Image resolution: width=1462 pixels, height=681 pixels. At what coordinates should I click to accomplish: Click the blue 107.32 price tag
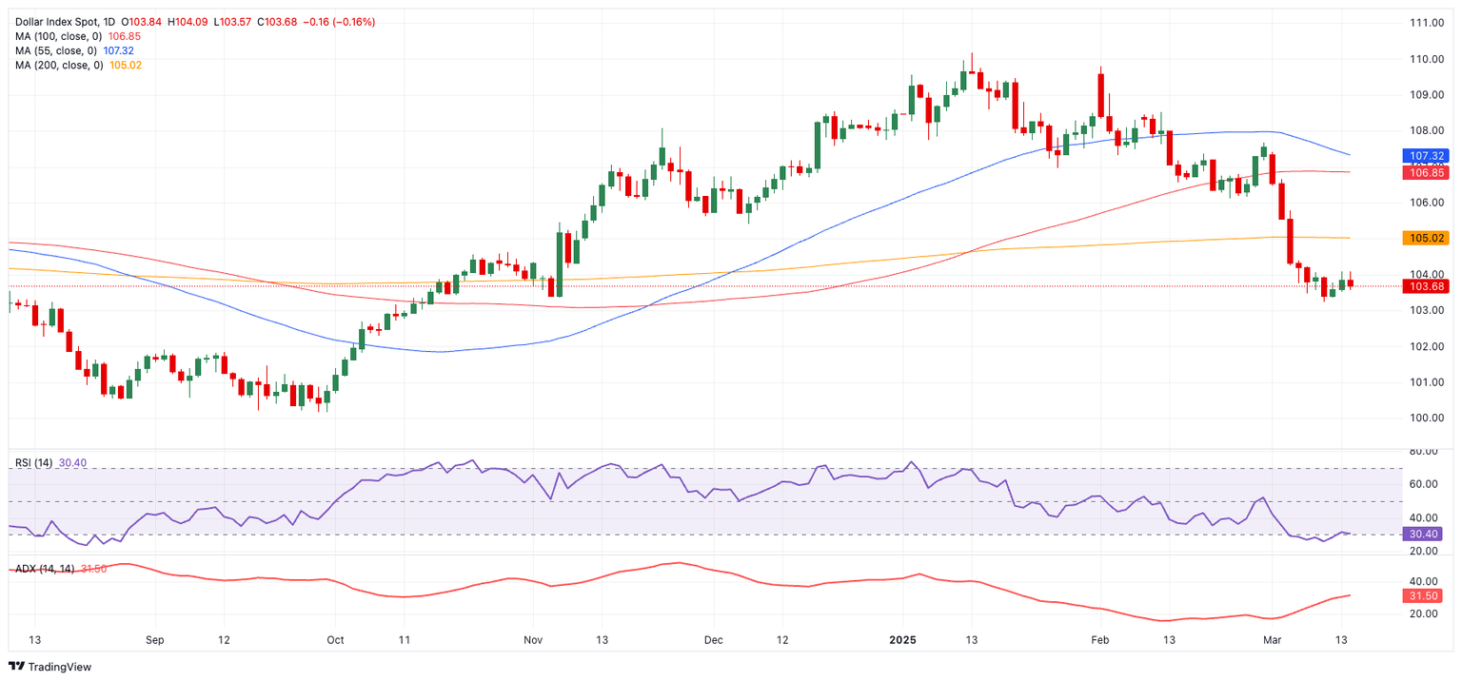(x=1428, y=155)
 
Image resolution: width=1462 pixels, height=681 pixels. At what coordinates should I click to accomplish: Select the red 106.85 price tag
(x=1428, y=172)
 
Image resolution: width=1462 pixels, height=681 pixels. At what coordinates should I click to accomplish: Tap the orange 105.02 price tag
(x=1428, y=238)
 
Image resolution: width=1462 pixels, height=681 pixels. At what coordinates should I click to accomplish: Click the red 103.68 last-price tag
(x=1428, y=286)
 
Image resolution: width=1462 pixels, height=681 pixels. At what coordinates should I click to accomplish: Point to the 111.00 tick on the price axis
(x=1428, y=23)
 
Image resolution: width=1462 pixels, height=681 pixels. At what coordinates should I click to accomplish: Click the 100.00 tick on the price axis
(x=1428, y=418)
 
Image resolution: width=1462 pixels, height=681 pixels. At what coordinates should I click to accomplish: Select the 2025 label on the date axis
(x=902, y=640)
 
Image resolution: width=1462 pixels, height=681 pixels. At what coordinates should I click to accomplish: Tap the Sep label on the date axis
(x=155, y=640)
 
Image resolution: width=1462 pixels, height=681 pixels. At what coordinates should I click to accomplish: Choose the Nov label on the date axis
(x=532, y=640)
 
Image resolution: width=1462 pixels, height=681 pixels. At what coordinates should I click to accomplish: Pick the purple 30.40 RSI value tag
(x=1428, y=534)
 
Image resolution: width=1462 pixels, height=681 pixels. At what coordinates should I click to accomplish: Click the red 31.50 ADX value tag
(x=1428, y=595)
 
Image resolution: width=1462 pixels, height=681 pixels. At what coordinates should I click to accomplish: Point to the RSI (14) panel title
(x=33, y=463)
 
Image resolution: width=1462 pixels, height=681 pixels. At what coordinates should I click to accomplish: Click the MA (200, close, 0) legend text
(x=56, y=65)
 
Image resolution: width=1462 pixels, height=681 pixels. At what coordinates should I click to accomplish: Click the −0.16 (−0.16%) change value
(x=339, y=22)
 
